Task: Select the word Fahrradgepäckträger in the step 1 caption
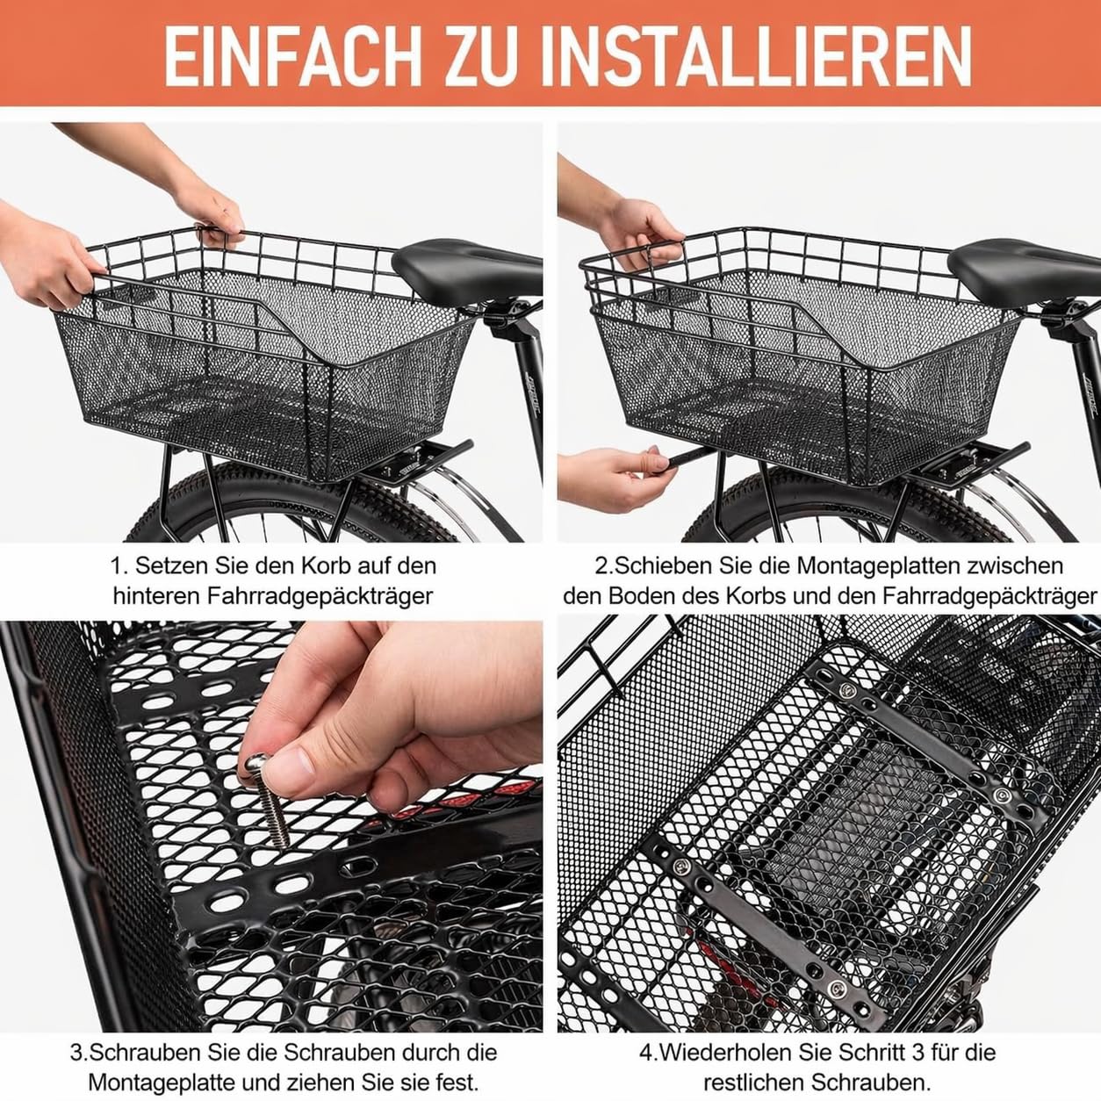pyautogui.click(x=320, y=596)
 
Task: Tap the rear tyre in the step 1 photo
pyautogui.click(x=297, y=503)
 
